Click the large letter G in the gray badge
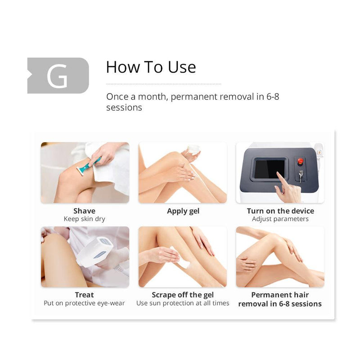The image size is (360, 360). tap(57, 76)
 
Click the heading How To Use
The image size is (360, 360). tap(151, 67)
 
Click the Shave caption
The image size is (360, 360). tap(84, 211)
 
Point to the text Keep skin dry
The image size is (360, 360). tap(84, 219)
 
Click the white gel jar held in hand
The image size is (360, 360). tap(193, 150)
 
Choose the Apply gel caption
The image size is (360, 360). tap(183, 211)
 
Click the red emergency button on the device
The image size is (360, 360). tap(301, 161)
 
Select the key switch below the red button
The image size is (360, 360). tap(300, 175)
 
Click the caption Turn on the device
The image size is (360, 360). tap(280, 211)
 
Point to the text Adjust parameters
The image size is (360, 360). tap(280, 219)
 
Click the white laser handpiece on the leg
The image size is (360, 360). tap(95, 252)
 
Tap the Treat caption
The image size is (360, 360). tap(84, 295)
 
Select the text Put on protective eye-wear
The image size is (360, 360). tap(84, 303)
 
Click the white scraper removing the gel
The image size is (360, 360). tap(182, 264)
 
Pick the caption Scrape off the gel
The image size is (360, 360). tap(183, 295)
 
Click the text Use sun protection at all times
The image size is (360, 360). tap(183, 303)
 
